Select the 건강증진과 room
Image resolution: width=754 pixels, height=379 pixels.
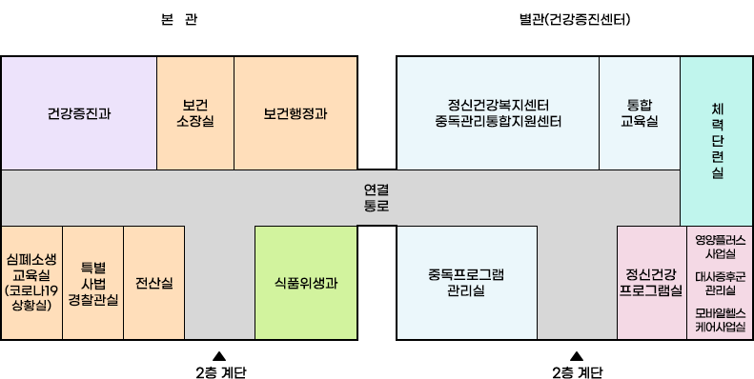coord(78,113)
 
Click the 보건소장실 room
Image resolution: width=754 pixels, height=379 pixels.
coord(194,113)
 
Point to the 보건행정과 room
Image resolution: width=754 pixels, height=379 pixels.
coord(295,113)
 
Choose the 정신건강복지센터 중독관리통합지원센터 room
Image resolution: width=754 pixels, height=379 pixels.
coord(498,113)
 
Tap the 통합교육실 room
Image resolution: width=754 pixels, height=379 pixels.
coord(639,113)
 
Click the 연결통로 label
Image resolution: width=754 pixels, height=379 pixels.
coord(377,197)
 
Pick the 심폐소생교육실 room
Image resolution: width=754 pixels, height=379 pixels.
coord(31,283)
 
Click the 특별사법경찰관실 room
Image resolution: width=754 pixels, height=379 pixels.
coord(92,283)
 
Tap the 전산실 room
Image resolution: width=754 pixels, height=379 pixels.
coord(153,283)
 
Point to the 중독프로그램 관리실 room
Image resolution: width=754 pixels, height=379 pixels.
coord(466,283)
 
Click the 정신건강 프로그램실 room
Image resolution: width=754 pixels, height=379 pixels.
coord(651,283)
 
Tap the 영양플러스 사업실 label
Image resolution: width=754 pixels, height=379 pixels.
coord(720,247)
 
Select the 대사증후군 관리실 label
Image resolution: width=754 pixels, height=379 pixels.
coord(720,283)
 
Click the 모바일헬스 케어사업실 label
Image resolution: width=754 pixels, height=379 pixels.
coord(720,319)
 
